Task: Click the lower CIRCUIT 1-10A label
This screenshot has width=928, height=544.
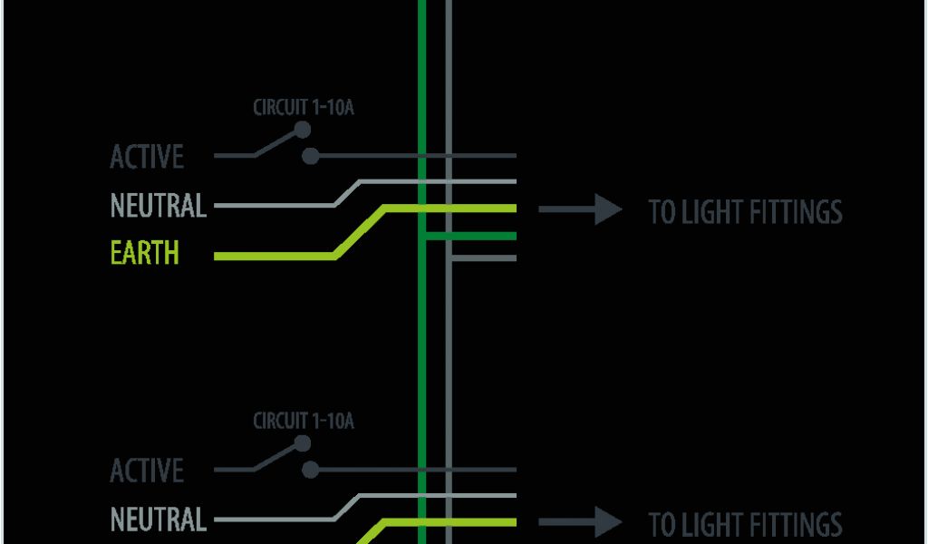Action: [303, 421]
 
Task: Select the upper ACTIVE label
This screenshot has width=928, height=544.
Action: [147, 157]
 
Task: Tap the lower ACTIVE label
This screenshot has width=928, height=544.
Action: [147, 471]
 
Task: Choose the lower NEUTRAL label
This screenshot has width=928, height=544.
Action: [158, 520]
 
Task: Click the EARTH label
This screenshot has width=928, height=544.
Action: [145, 253]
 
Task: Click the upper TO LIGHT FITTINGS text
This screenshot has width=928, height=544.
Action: [745, 212]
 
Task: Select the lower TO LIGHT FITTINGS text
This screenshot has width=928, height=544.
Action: [745, 524]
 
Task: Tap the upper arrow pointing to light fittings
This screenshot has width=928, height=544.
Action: [581, 209]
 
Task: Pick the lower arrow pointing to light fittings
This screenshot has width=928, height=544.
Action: [581, 522]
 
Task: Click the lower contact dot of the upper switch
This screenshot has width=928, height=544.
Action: [311, 156]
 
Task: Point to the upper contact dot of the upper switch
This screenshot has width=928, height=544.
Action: [302, 131]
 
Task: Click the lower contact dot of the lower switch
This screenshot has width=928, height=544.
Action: [311, 470]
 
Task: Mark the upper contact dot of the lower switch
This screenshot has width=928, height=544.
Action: [302, 443]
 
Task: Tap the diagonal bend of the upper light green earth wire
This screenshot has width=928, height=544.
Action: [360, 232]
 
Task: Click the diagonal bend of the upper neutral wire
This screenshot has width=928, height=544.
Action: [348, 193]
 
